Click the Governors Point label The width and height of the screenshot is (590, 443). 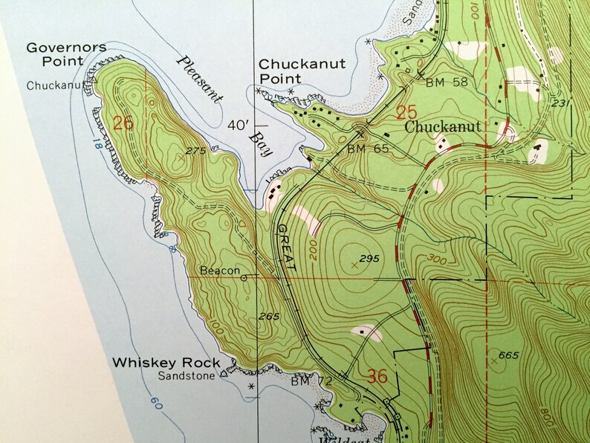coord(66,54)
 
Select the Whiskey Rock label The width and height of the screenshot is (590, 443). coord(166,363)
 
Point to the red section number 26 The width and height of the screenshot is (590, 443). coord(123,123)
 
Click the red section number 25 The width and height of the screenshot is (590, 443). coord(406,113)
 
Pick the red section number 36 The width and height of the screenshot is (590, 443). coord(377,377)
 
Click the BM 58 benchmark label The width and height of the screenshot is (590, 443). coord(447,82)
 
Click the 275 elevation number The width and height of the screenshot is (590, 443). coord(195,152)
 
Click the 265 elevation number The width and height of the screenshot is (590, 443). coord(268,317)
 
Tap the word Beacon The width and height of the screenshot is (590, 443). coord(220,271)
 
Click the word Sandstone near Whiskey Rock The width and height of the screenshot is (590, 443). coord(186,376)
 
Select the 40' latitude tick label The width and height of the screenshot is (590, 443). coord(238,126)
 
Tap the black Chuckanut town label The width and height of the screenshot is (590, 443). coord(444,127)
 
